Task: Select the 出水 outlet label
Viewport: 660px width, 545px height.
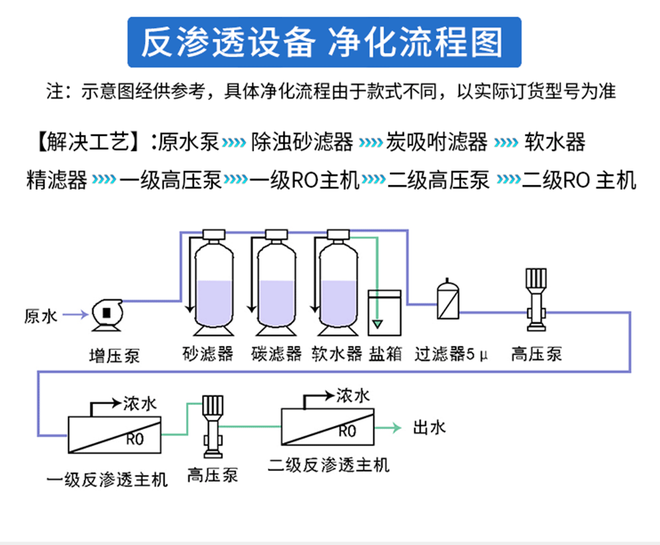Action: [429, 427]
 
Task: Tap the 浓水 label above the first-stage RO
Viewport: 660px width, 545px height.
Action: [139, 403]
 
